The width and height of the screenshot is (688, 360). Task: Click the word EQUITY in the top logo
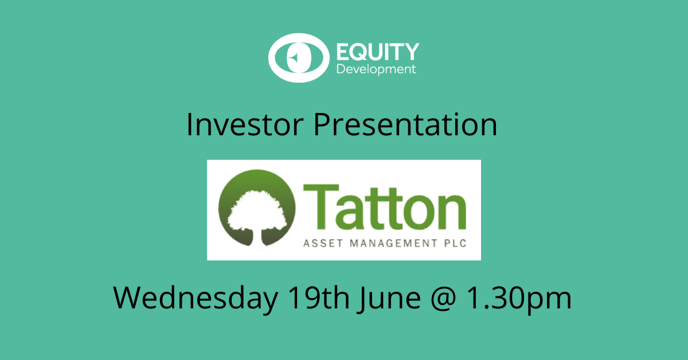pos(378,52)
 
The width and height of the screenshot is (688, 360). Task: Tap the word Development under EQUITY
pos(376,69)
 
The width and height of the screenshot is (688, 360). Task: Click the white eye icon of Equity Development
pos(299,58)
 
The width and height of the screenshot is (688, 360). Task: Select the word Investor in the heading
pos(245,124)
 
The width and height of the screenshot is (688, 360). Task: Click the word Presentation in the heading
pos(405,124)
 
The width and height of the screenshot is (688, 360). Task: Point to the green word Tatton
pos(385,207)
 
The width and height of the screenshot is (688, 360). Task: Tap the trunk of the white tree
pos(257,237)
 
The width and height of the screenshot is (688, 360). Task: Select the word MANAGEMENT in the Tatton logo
pos(393,243)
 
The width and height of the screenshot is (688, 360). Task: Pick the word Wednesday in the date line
pos(196,298)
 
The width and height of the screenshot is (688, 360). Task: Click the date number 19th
pos(319,298)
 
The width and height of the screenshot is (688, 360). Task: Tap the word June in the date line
pos(389,299)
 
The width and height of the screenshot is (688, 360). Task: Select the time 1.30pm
pos(519,299)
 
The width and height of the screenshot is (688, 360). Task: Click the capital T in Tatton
pos(321,207)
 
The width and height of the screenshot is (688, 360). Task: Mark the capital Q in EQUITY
pos(359,52)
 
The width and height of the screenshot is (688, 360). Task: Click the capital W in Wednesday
pos(134,298)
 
